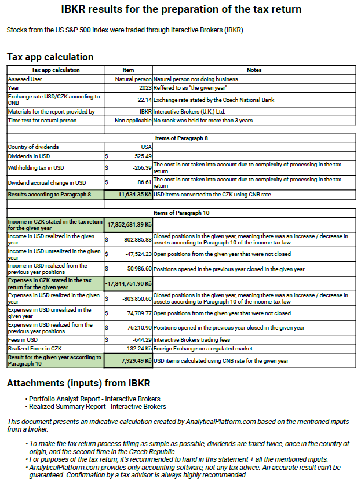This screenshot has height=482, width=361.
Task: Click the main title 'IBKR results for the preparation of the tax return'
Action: [181, 10]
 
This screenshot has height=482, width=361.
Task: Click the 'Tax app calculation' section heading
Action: [50, 57]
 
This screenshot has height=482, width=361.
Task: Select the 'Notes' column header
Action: [254, 70]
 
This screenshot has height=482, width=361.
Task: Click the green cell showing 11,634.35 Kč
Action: [129, 195]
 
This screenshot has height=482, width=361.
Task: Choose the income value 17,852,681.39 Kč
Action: [128, 225]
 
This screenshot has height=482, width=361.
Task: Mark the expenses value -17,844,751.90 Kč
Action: [128, 283]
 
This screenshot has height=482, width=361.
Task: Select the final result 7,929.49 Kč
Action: [133, 361]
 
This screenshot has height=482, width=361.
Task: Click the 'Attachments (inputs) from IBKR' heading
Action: [78, 384]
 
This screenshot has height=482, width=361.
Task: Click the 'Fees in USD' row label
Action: [23, 339]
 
